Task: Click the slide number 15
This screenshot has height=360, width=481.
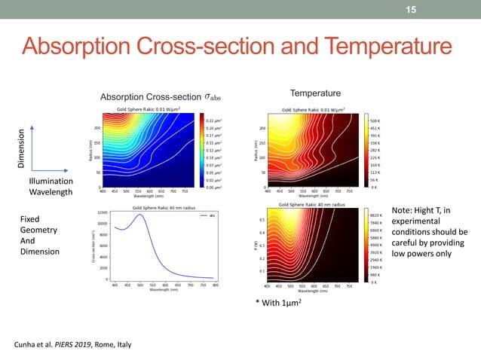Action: click(411, 9)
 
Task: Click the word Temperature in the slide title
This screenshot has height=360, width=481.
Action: click(366, 48)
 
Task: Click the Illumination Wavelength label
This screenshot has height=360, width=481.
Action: click(52, 187)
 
